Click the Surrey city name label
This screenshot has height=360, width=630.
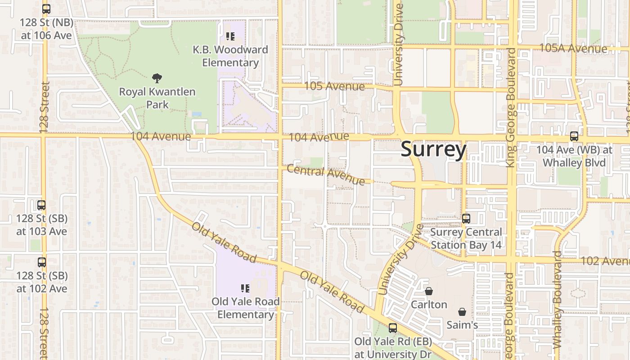click(433, 149)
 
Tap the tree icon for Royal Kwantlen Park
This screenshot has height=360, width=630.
click(157, 79)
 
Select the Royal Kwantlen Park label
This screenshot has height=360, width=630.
click(157, 98)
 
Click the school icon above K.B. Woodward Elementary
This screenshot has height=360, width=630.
click(230, 36)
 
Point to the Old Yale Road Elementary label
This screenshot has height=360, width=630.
click(246, 308)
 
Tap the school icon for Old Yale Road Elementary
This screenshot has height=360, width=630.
click(245, 288)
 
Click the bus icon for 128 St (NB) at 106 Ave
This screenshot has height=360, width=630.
click(46, 9)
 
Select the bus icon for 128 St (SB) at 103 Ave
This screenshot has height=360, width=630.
click(41, 205)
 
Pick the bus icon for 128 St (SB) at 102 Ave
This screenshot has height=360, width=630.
click(42, 262)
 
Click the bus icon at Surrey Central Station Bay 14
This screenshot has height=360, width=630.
click(466, 219)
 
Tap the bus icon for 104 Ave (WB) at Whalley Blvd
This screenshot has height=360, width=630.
click(574, 136)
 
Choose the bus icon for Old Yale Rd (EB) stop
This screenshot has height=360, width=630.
click(393, 328)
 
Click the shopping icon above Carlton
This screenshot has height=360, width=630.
click(429, 292)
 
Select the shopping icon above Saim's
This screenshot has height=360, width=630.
click(462, 312)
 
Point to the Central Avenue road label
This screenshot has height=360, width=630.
click(326, 175)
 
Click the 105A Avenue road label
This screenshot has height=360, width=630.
click(573, 48)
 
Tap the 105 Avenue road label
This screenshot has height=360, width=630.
click(334, 86)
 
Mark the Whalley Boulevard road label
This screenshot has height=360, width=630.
click(557, 299)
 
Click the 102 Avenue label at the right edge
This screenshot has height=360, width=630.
click(605, 261)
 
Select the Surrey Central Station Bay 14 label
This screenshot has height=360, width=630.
click(466, 238)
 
